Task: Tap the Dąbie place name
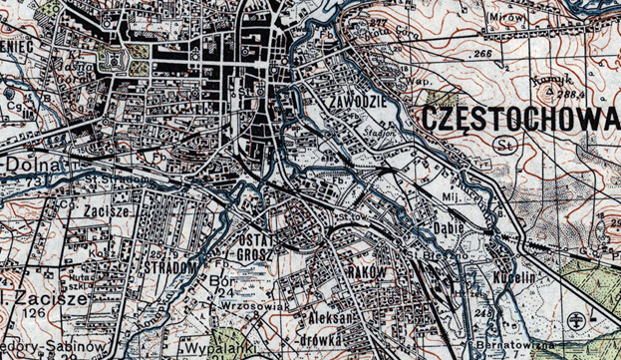[452, 226]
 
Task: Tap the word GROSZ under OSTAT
[257, 254]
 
